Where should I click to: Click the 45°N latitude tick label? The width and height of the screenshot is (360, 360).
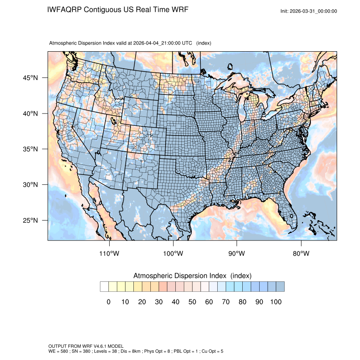click(30, 78)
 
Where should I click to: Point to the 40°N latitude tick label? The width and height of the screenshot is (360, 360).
click(30, 114)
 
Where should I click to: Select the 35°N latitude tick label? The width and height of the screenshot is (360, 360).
click(30, 149)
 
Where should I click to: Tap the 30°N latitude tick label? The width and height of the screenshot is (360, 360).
click(30, 185)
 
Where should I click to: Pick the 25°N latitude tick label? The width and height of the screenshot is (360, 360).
click(30, 220)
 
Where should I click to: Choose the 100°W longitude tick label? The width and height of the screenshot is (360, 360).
click(173, 254)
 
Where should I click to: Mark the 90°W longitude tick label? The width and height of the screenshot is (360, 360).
click(237, 254)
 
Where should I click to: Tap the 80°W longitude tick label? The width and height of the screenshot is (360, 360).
click(301, 254)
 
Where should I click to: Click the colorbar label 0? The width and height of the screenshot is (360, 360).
click(108, 302)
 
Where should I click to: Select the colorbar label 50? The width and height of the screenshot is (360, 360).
click(192, 302)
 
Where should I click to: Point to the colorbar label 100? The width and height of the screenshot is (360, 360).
click(276, 302)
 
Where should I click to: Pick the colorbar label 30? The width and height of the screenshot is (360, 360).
click(159, 302)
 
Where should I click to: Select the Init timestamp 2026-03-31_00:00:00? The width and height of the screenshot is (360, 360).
click(315, 11)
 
